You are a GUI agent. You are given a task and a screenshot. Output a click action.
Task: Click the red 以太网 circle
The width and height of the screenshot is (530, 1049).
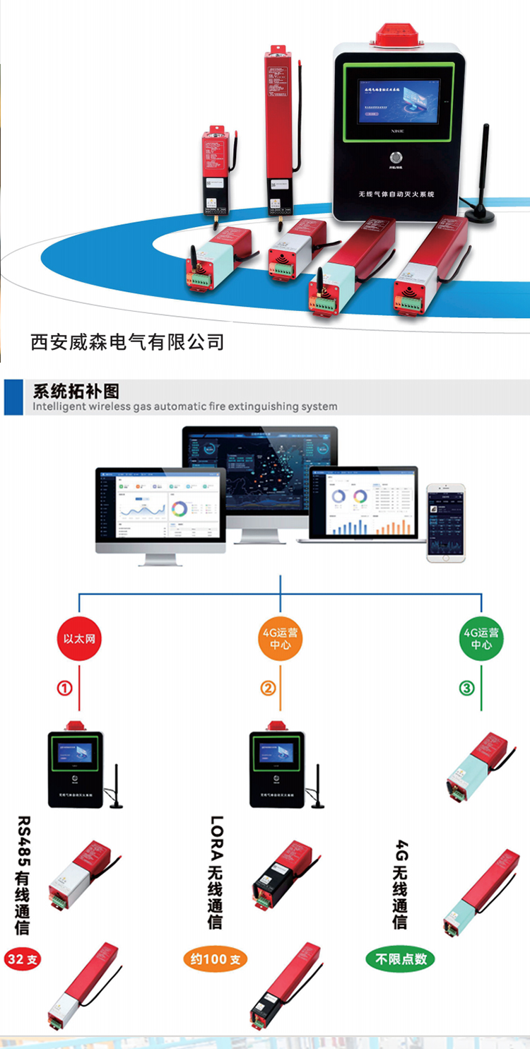pyautogui.click(x=79, y=640)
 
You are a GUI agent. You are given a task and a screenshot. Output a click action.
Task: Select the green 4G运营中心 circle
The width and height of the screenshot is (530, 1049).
pyautogui.click(x=481, y=640)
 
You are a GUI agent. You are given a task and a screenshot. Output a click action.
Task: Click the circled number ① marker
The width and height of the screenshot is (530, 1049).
pyautogui.click(x=64, y=688)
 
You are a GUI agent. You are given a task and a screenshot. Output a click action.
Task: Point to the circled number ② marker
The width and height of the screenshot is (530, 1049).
pyautogui.click(x=268, y=688)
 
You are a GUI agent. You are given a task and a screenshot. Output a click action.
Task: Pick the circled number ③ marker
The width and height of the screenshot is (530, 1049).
pyautogui.click(x=467, y=688)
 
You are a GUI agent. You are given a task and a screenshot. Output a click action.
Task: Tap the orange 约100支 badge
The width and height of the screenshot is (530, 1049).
pyautogui.click(x=216, y=959)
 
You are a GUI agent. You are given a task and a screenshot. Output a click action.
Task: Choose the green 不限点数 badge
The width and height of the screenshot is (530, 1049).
pyautogui.click(x=400, y=959)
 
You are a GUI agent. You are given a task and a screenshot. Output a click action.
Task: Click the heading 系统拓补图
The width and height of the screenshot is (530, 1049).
pyautogui.click(x=76, y=392)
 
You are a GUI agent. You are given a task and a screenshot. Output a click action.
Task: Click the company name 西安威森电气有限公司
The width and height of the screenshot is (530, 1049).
pyautogui.click(x=127, y=342)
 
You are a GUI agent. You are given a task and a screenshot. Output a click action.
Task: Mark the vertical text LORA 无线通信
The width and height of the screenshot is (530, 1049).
pyautogui.click(x=216, y=872)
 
